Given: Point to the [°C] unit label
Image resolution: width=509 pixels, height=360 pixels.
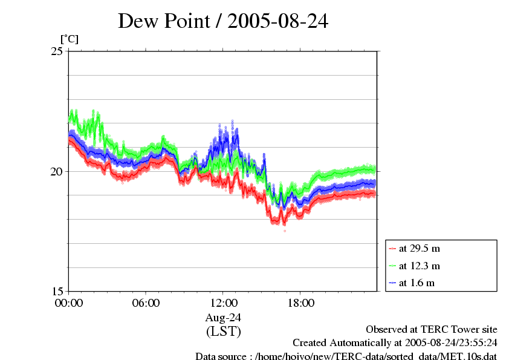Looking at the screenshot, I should pyautogui.click(x=69, y=39).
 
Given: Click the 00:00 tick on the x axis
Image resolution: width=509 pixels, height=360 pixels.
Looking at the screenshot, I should pyautogui.click(x=68, y=303).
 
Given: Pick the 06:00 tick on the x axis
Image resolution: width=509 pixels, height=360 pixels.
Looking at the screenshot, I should pyautogui.click(x=146, y=303).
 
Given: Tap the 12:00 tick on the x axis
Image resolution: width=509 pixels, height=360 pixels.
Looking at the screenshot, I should pyautogui.click(x=223, y=303).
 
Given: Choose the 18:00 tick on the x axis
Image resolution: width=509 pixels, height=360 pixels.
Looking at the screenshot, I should pyautogui.click(x=300, y=303).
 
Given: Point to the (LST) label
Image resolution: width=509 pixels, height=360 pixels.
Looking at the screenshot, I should pyautogui.click(x=223, y=332).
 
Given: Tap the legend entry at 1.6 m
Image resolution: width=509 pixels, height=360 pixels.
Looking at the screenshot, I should pyautogui.click(x=417, y=283).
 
